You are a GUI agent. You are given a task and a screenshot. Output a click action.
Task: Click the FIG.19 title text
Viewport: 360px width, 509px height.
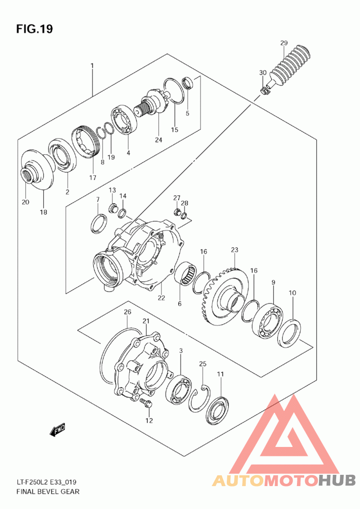[x=35, y=29]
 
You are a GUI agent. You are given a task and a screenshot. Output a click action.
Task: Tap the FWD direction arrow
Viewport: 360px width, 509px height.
[x=58, y=430]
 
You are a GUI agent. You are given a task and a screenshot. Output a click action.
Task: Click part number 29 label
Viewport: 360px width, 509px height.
[x=283, y=43]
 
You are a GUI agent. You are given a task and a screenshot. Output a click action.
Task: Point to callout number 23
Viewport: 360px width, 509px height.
[x=234, y=250]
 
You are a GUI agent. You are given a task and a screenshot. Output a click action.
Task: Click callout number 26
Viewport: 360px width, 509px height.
[x=127, y=312]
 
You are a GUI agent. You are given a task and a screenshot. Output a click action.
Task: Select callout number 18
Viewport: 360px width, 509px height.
[x=44, y=211]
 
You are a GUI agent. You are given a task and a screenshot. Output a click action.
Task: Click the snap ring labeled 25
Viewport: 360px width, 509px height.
[x=198, y=399]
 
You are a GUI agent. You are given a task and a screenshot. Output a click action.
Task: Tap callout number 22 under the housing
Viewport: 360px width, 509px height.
[x=161, y=298]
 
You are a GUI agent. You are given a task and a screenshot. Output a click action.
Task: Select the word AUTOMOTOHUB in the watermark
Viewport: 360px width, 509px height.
[x=284, y=480]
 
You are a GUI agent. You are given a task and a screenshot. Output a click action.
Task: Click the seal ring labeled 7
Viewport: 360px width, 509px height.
[x=99, y=223]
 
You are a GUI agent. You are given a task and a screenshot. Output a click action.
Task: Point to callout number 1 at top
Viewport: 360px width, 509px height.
[x=92, y=66]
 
